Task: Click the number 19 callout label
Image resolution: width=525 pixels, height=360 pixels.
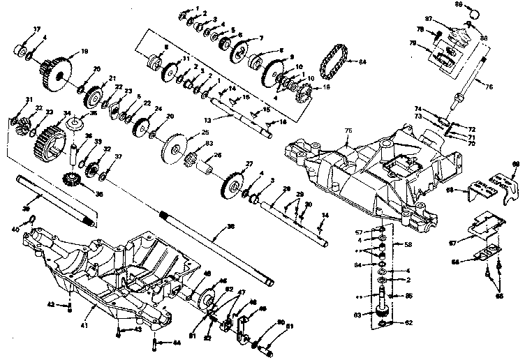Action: pos(84,51)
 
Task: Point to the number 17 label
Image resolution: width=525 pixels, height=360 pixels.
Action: pos(17,29)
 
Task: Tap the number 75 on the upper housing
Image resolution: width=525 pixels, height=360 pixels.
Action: pos(348,130)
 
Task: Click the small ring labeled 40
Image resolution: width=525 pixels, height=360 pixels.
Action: pos(33,222)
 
